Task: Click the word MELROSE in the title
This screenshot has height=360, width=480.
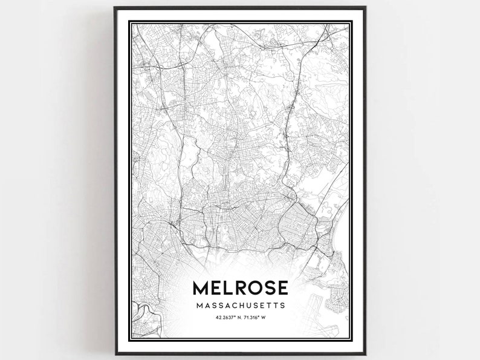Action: coord(240,288)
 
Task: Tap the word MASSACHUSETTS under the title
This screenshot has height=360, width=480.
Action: coord(240,306)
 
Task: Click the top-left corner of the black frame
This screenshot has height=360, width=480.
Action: coord(115,8)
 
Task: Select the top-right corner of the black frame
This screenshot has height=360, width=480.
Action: coord(366,8)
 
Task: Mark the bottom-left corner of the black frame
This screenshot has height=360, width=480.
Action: coord(115,354)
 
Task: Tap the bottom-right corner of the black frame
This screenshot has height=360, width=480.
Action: coord(366,354)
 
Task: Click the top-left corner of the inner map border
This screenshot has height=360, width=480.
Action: coord(132,24)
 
